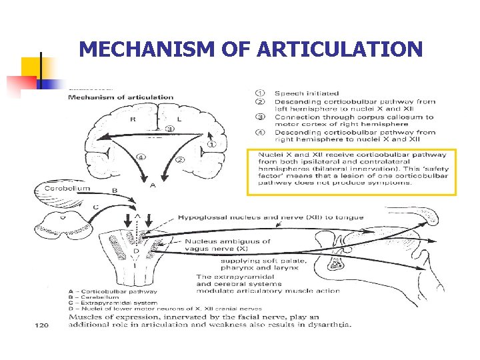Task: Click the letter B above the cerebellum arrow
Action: tap(114, 190)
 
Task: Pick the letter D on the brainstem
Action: tap(137, 251)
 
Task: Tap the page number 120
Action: tap(41, 325)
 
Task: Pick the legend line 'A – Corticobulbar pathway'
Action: tap(113, 291)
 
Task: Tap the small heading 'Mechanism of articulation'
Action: tap(120, 97)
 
